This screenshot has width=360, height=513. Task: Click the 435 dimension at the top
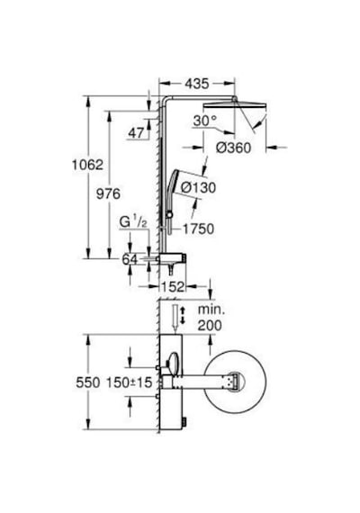click(197, 84)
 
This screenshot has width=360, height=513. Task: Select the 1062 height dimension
click(87, 165)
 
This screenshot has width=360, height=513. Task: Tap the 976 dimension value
click(108, 194)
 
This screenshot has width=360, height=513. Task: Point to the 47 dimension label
click(136, 133)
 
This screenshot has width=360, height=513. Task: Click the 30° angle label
click(205, 121)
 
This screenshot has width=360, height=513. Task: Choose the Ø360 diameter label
click(233, 148)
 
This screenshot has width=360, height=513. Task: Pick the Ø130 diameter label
click(198, 188)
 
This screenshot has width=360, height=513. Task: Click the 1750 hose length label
click(199, 229)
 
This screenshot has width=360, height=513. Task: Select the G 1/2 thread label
click(133, 222)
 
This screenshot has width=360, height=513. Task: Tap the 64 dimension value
click(130, 259)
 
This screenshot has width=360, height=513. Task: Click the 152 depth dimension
click(173, 287)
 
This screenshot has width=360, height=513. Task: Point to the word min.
click(211, 310)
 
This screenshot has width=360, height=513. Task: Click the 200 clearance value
click(210, 326)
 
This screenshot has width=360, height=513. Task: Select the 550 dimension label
click(88, 382)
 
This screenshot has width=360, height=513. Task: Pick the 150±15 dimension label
click(130, 382)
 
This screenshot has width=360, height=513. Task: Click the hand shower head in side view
click(175, 182)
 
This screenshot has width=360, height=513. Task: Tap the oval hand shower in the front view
click(174, 363)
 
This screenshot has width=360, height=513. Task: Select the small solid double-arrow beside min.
click(183, 315)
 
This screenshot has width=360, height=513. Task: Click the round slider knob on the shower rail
click(169, 215)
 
